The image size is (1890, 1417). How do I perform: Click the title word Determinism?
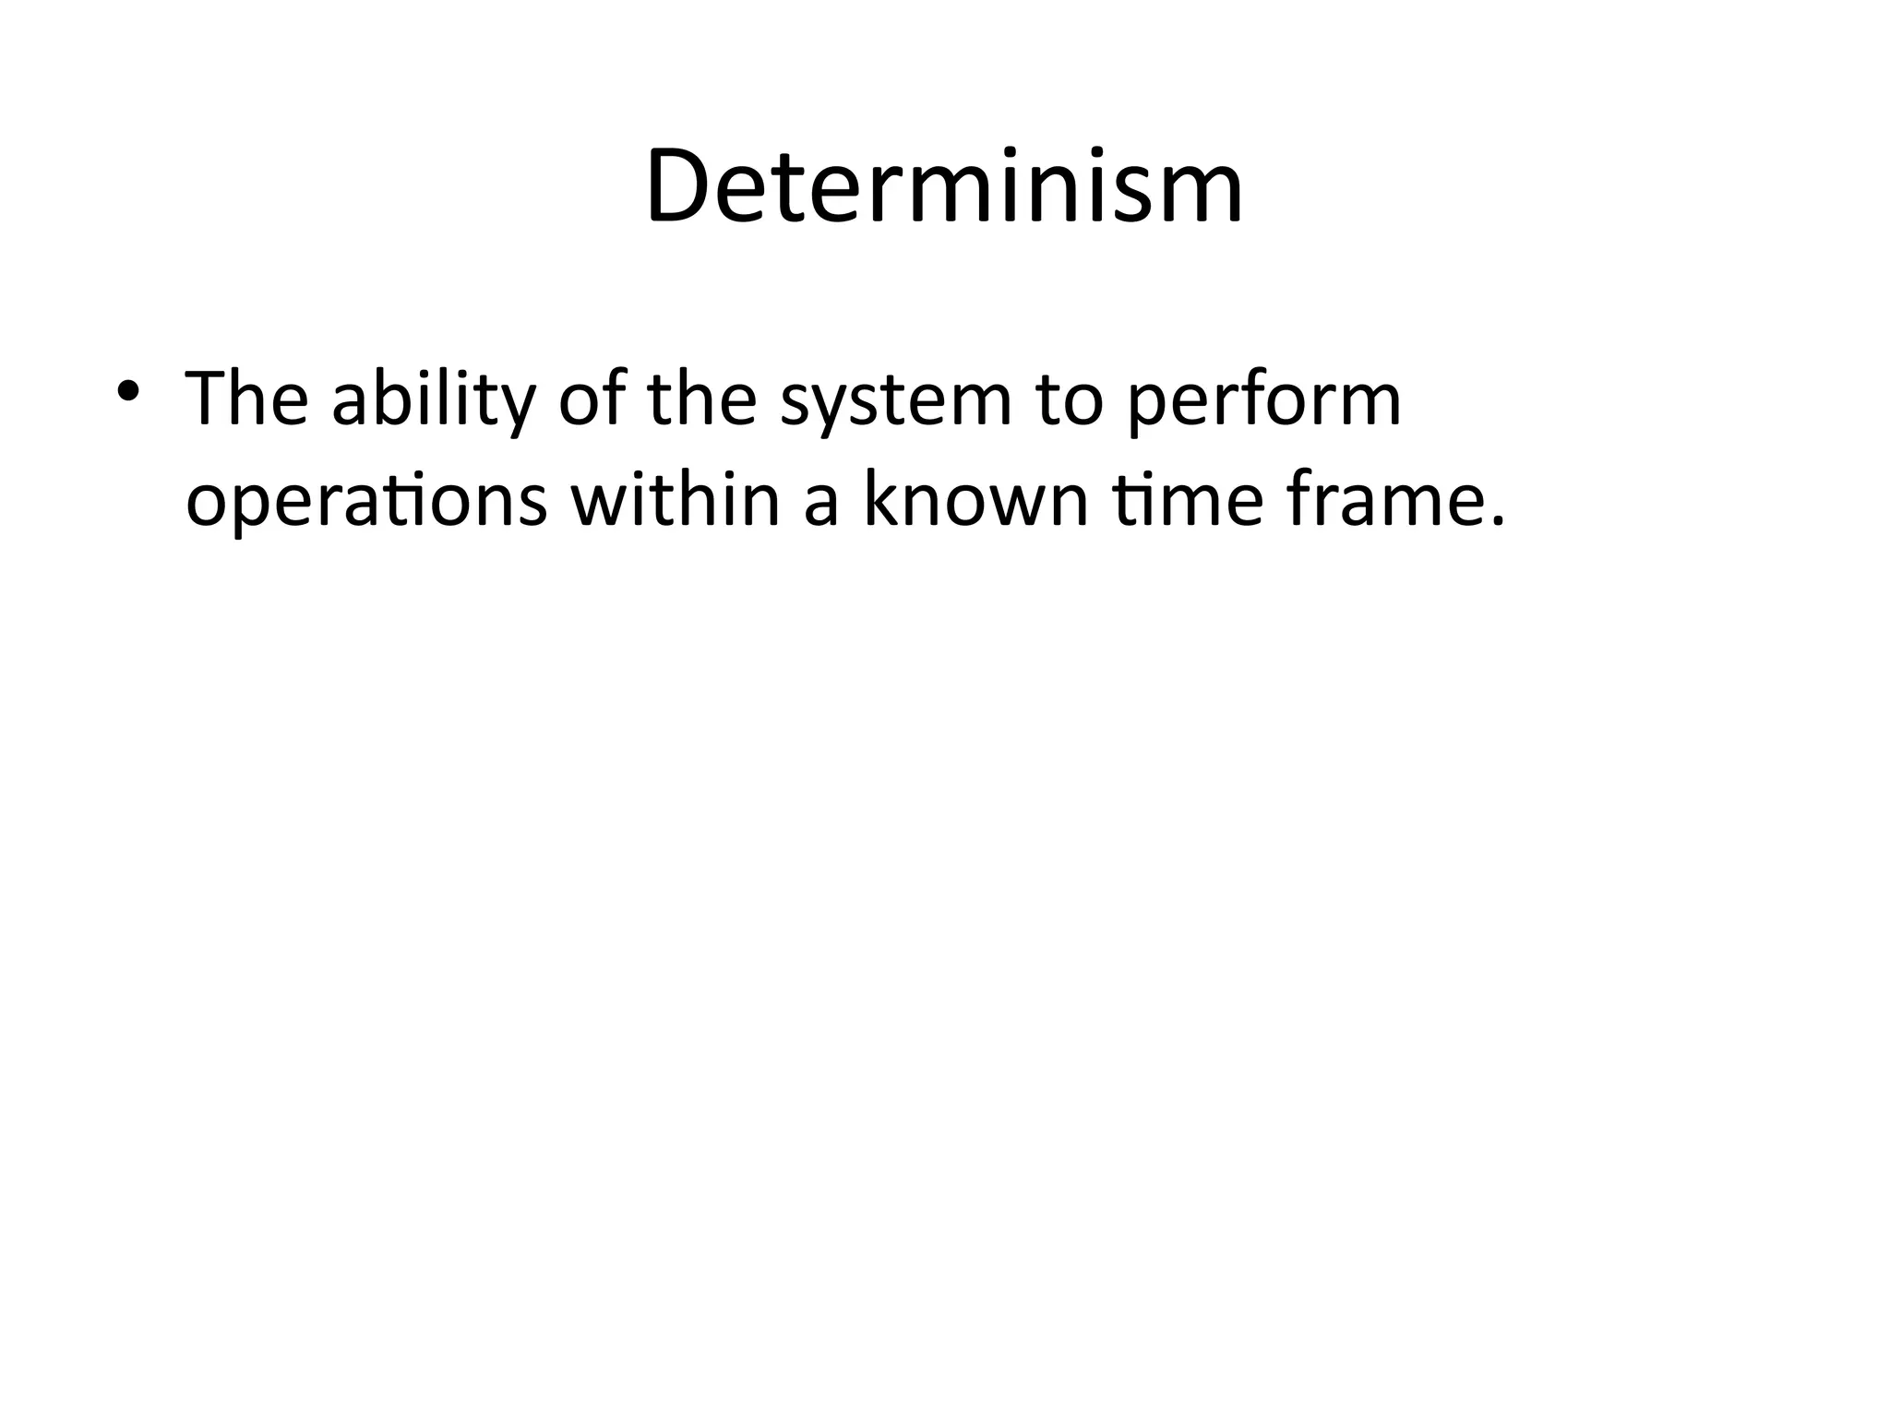[945, 186]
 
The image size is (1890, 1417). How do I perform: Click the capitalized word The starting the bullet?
[246, 399]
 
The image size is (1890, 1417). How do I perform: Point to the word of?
[590, 399]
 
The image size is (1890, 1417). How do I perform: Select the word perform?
[1264, 402]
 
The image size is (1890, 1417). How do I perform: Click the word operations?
[366, 504]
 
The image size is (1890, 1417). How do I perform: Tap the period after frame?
[1497, 522]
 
